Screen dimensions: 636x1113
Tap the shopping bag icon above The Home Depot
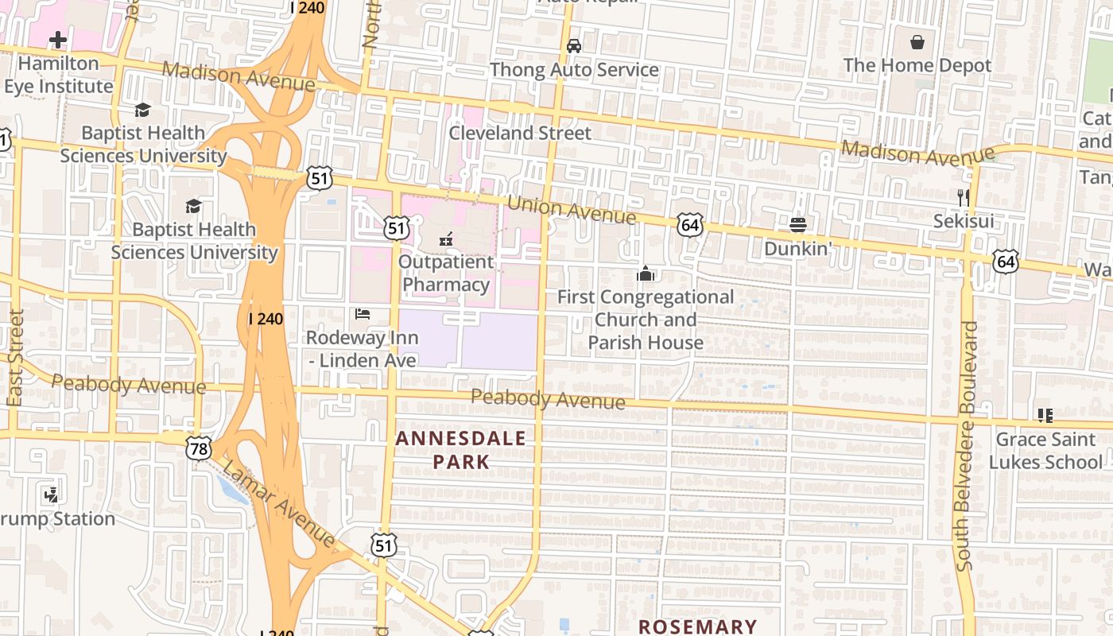coord(917,41)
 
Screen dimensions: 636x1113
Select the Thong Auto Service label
coord(574,70)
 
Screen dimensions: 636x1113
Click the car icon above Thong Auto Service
coord(574,46)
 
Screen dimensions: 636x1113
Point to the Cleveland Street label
coord(520,133)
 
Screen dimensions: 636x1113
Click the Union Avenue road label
coord(571,210)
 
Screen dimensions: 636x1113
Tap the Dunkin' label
coord(798,249)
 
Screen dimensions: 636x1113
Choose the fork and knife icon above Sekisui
coord(964,197)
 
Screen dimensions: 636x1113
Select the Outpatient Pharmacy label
coord(445,273)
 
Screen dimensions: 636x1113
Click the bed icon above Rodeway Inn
coord(363,314)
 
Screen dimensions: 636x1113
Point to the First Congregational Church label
coord(646,320)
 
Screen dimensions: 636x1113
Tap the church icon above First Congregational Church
coord(646,274)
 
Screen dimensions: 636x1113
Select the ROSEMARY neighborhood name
coord(697,626)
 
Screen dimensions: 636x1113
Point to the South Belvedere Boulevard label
coord(967,445)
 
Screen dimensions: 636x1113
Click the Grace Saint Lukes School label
coord(1049,450)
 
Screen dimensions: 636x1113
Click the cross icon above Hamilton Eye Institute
coord(57,39)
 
